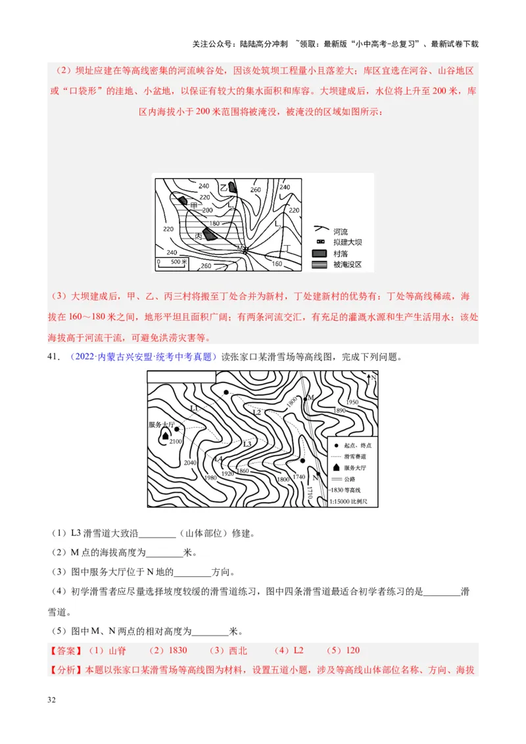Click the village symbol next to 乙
pos(232,187)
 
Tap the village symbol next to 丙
pos(209,235)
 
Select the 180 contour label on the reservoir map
pos(214,223)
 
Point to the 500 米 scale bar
pos(172,262)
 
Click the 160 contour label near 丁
pos(276,264)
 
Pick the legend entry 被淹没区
pos(348,265)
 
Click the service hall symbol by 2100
pos(165,435)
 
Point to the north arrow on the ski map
pos(372,379)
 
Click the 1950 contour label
pos(352,402)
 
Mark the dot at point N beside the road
pos(318,473)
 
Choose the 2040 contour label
pos(190,463)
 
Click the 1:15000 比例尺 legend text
pos(352,501)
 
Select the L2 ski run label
pos(256,412)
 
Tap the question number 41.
pos(56,357)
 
